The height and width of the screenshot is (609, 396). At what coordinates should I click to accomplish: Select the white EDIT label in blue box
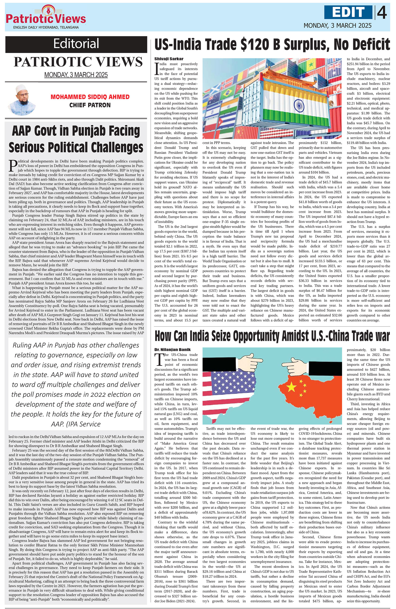(x=348, y=12)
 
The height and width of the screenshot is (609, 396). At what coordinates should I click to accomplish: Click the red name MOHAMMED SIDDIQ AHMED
(x=90, y=97)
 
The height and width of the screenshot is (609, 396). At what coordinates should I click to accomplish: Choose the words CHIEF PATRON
(x=90, y=105)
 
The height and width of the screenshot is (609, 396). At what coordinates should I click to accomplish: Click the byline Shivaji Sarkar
(x=165, y=59)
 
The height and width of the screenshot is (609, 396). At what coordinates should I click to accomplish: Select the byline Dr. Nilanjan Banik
(x=172, y=349)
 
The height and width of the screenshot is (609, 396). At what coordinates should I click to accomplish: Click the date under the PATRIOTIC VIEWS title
(x=76, y=75)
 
